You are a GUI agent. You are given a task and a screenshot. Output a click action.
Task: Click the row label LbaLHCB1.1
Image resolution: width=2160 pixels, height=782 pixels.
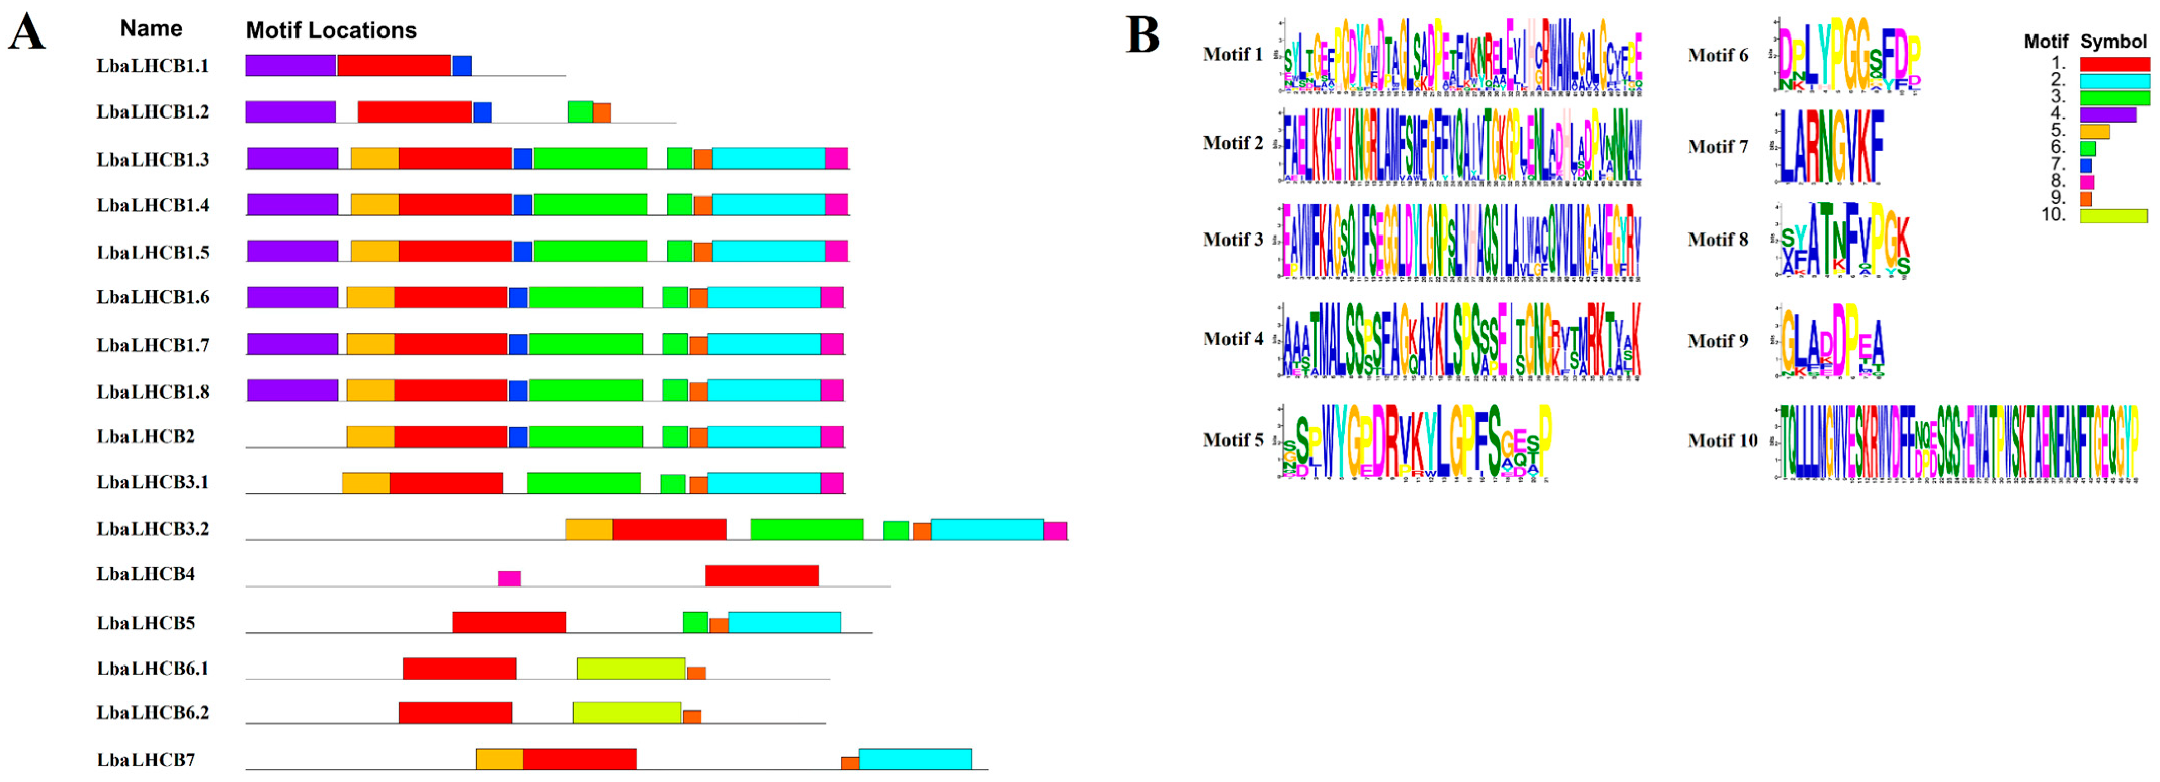153,65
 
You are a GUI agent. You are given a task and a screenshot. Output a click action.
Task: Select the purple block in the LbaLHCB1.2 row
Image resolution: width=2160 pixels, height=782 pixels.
290,111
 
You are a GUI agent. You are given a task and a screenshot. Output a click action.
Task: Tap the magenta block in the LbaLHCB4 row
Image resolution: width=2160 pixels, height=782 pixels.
509,578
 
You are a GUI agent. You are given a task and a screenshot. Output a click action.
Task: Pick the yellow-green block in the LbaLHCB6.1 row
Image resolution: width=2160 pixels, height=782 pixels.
630,669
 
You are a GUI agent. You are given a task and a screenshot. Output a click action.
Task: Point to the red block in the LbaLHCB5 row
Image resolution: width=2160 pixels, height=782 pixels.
509,622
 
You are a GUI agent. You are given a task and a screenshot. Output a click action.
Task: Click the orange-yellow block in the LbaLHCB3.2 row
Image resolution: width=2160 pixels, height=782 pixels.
588,529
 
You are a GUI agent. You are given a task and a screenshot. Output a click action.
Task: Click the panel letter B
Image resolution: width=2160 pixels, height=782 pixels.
1142,35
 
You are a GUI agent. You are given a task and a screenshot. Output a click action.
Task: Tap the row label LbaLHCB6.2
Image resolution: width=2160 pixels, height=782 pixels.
153,712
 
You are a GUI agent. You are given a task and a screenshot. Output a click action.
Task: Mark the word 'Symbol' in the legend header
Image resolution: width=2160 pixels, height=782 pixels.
2113,41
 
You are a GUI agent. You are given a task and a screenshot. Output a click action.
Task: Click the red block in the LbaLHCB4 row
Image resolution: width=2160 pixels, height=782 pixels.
761,575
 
